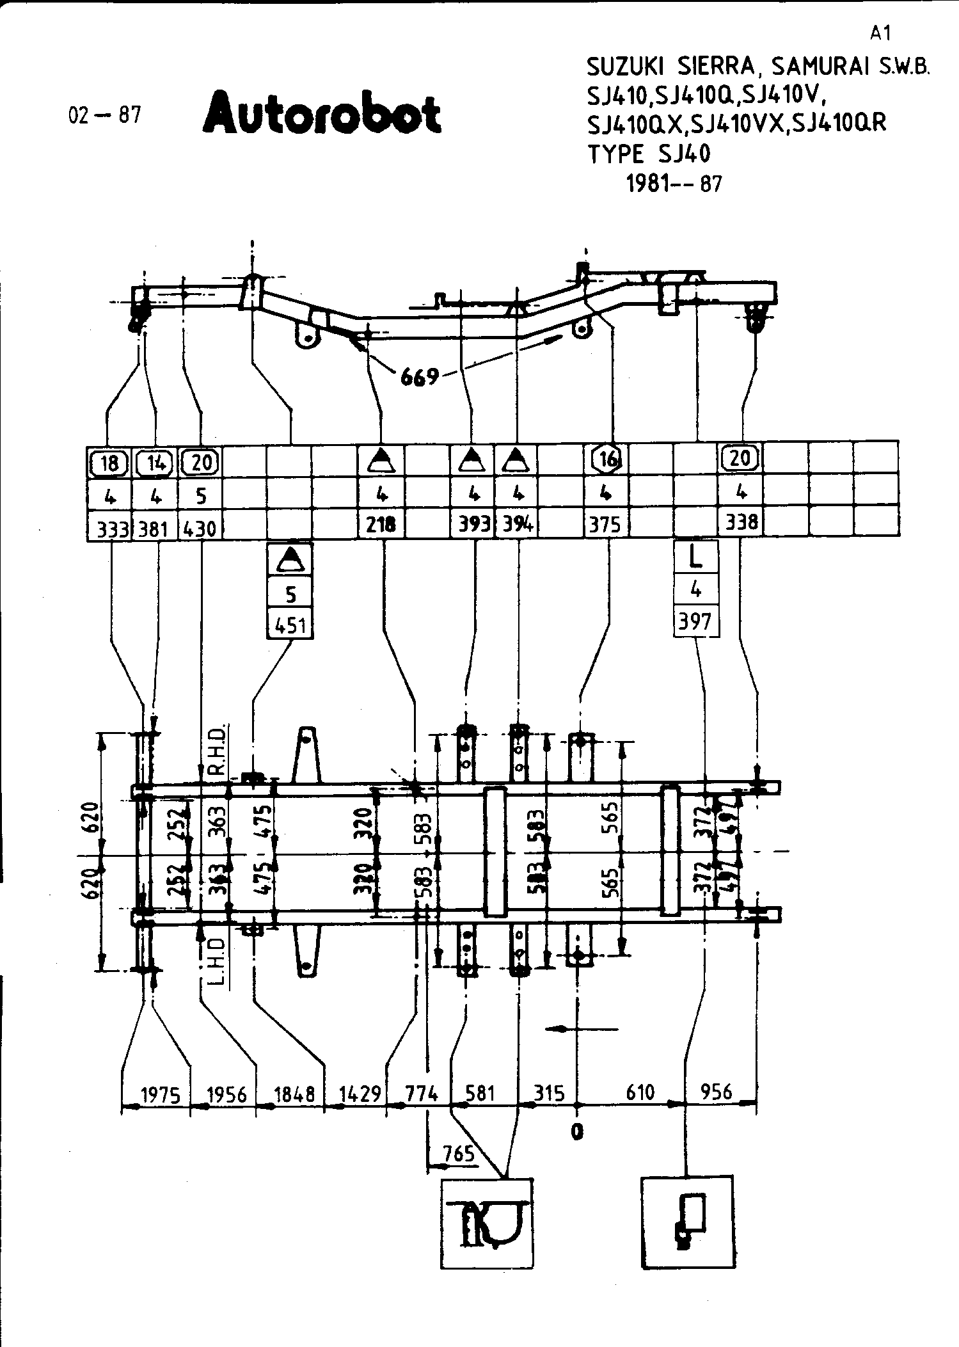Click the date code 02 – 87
104,115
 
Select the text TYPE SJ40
649,154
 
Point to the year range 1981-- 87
674,184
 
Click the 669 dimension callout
420,378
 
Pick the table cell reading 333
109,528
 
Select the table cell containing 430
200,528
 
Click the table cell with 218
382,525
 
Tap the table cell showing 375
605,525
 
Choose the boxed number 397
695,621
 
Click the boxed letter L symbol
696,557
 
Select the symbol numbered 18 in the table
109,462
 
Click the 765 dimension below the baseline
459,1153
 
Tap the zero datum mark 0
578,1131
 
